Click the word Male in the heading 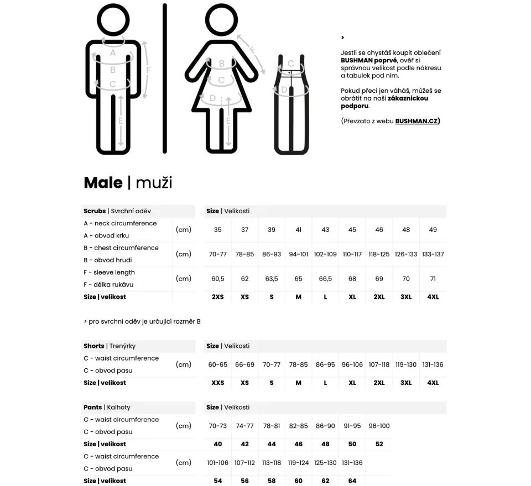tap(103, 183)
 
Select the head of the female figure tap(221, 21)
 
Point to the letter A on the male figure tap(113, 53)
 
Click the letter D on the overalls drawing tap(284, 89)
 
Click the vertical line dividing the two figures tap(164, 77)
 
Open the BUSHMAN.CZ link tap(417, 121)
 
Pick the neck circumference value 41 tap(298, 230)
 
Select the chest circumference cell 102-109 tap(325, 254)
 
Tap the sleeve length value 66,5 tap(325, 279)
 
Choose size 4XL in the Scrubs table tap(433, 297)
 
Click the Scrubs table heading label tap(95, 211)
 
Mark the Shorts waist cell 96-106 tap(352, 364)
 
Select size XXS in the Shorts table tap(218, 383)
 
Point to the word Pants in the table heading tap(93, 407)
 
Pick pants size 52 tap(379, 444)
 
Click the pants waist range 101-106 tap(218, 463)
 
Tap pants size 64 tap(352, 481)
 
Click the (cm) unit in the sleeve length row tap(184, 279)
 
